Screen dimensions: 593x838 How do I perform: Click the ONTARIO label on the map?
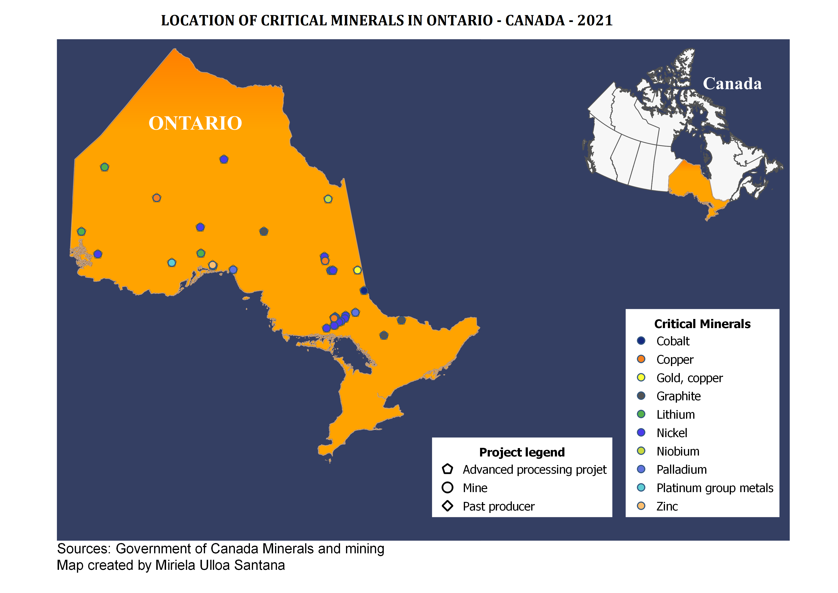[x=195, y=123]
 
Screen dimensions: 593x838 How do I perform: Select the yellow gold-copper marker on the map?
[x=357, y=270]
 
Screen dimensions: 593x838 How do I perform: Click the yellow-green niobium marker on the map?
[x=328, y=199]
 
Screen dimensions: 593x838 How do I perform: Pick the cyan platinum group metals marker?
[x=172, y=263]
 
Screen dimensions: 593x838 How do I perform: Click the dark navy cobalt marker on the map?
[x=364, y=291]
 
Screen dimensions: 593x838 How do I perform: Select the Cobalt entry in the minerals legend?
[x=672, y=341]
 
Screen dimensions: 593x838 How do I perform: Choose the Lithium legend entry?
[x=675, y=414]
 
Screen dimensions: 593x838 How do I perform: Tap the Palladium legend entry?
[x=681, y=470]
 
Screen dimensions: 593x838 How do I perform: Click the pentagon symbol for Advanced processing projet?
[x=448, y=469]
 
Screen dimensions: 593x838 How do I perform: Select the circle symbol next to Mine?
[x=448, y=488]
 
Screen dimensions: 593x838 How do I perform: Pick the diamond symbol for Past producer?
[x=448, y=506]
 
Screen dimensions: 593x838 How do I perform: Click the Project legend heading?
[x=522, y=452]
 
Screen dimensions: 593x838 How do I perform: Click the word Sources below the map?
[x=84, y=549]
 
